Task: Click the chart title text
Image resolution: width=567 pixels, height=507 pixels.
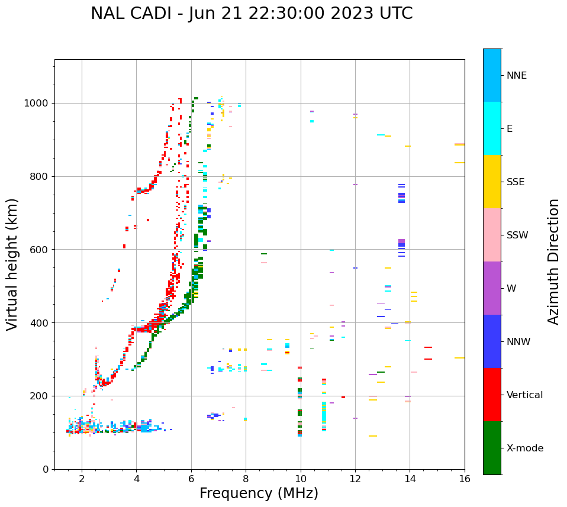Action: (252, 14)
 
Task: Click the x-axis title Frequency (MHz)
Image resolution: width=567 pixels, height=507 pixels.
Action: (259, 493)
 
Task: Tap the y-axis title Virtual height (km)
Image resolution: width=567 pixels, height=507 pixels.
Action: (12, 264)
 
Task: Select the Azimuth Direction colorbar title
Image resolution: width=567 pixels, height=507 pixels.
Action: (553, 261)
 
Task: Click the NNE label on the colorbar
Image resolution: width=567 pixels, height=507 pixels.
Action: (516, 76)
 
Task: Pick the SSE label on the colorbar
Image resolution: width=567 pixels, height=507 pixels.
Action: (515, 182)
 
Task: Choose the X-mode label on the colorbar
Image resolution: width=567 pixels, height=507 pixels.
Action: (524, 448)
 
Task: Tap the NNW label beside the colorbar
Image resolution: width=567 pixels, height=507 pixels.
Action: (518, 342)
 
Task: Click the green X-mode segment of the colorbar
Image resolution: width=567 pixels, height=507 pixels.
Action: (492, 448)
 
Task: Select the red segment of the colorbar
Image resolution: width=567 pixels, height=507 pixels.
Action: (492, 395)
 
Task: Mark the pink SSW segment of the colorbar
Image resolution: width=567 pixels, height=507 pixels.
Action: (492, 235)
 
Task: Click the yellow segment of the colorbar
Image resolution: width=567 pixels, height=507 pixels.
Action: (492, 182)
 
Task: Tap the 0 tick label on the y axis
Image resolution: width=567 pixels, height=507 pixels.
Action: (46, 469)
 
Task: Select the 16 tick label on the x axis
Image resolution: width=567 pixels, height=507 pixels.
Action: (465, 479)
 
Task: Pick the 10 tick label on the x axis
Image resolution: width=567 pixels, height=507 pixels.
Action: (301, 479)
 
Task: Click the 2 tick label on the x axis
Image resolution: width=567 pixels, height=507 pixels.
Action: (82, 479)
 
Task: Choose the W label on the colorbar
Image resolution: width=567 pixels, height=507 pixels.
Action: (511, 289)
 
